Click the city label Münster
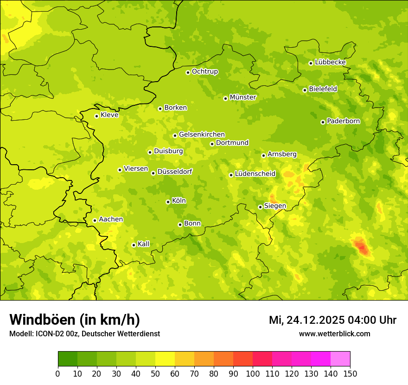[243, 97]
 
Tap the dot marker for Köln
[168, 202]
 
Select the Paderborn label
[343, 121]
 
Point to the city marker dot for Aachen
[95, 220]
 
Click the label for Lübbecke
[330, 62]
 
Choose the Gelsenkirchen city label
[202, 135]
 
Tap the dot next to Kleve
[96, 116]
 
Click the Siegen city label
[275, 206]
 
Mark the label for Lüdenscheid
[255, 174]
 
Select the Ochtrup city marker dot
[188, 72]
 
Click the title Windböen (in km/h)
[74, 320]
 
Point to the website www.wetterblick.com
[334, 334]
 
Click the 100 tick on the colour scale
[253, 373]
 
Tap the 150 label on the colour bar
[350, 373]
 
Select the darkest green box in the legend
[67, 359]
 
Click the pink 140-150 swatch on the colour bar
[340, 359]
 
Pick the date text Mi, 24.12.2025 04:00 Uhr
[332, 320]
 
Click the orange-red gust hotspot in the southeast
[363, 247]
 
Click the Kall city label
[144, 244]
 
